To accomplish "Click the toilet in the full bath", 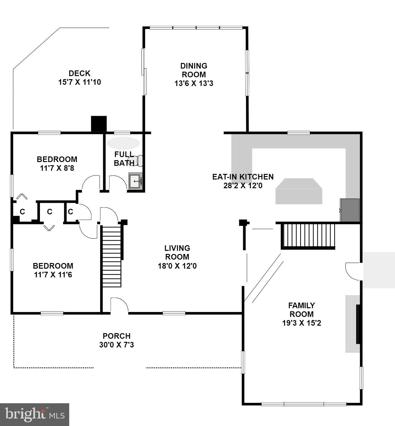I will point(138,160).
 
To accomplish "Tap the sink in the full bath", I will point(136,181).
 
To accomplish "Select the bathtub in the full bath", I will point(123,143).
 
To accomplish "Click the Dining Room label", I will point(194,70).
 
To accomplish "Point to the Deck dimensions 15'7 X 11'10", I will point(79,82).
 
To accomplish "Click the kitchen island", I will point(299,191).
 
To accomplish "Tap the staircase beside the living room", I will point(112,256).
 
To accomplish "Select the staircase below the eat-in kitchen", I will point(308,235).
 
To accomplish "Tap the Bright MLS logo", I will point(34,414).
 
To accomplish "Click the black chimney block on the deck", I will point(99,124).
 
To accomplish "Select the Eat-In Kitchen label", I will point(243,177).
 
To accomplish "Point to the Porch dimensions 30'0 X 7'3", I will point(117,345).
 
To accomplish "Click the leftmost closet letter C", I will point(22,212).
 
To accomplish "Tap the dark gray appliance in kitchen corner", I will point(350,210).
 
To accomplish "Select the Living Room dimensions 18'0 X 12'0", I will point(177,266).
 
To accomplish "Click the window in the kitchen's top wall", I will point(298,133).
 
